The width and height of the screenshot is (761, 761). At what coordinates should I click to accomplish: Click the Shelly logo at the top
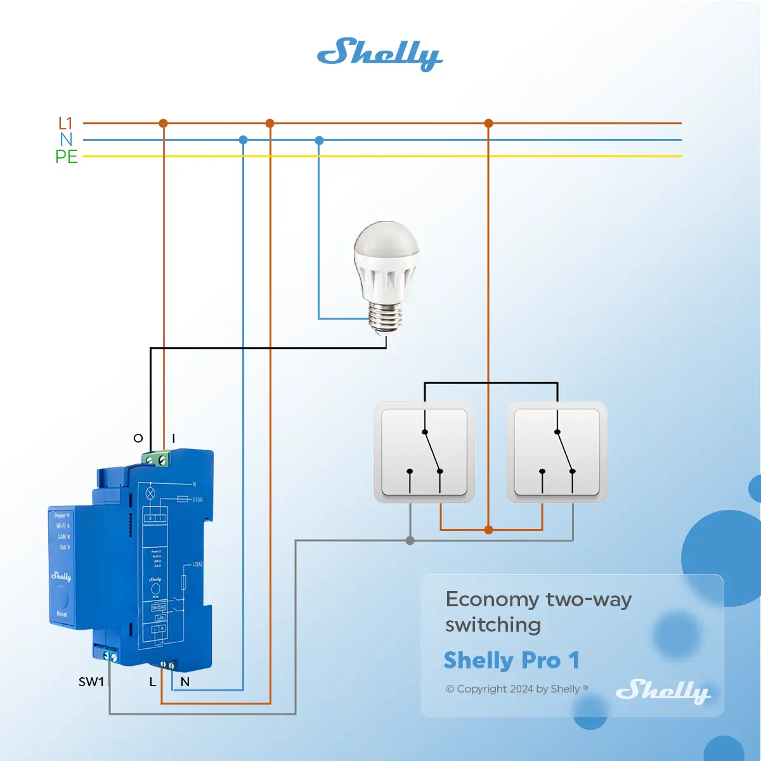[379, 55]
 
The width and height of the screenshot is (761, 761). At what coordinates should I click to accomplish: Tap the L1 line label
[65, 123]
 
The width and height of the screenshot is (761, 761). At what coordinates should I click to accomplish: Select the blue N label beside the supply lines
[67, 140]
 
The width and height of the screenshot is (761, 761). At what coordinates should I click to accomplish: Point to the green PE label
[67, 157]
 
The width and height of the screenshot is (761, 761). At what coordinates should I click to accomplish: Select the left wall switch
[424, 452]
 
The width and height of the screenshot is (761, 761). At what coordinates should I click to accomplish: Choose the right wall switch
[557, 452]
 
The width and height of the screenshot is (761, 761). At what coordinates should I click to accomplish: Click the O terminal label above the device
[138, 438]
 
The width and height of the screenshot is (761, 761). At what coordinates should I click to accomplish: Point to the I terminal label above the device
[173, 438]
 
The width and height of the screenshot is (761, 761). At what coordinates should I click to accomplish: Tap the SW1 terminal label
[91, 682]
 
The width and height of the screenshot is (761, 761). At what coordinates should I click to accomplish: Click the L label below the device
[152, 682]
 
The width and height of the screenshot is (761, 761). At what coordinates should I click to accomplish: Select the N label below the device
[185, 682]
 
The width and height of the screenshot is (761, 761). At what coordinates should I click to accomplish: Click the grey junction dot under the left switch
[410, 540]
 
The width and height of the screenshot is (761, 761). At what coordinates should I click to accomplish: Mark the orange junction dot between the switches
[488, 530]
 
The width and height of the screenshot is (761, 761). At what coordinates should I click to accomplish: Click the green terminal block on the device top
[157, 458]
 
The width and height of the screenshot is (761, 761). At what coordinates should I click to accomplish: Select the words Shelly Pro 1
[512, 661]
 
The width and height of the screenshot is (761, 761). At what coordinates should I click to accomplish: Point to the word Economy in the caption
[492, 599]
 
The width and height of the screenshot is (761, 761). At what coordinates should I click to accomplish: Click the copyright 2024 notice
[517, 689]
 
